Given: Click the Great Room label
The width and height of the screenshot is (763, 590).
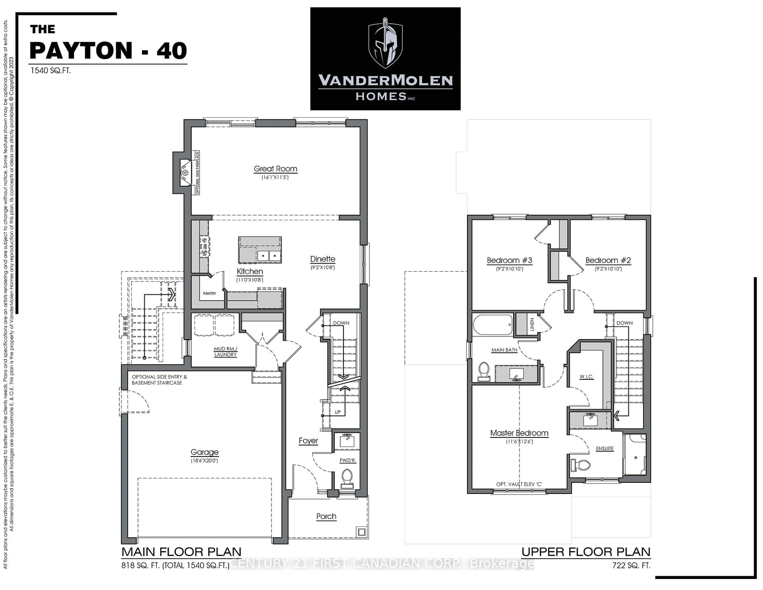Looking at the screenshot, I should [275, 169].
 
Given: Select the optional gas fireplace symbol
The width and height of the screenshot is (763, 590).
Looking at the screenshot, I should [186, 173].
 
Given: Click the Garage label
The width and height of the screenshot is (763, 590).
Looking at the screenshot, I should [204, 452].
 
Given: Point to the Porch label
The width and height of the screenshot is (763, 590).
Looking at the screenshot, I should [326, 516].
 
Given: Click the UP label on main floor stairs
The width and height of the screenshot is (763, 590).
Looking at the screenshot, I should [337, 412].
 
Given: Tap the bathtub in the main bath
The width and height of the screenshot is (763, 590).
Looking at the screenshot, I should [493, 325].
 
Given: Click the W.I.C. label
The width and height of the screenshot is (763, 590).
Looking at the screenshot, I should [586, 377].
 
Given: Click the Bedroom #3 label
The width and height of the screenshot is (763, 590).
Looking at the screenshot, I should [509, 260].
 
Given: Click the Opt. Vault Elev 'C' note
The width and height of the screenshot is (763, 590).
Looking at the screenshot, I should [519, 484].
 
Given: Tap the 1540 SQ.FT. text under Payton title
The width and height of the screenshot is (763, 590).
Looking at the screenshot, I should [51, 71].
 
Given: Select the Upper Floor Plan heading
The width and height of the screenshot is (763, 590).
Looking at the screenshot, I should [586, 552].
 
